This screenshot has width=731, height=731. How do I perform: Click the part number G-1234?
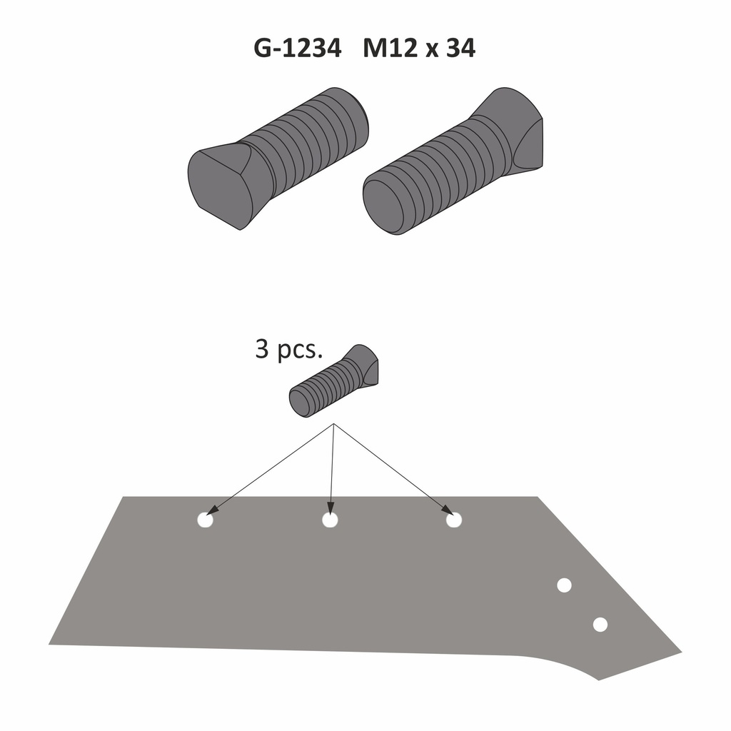click(x=297, y=49)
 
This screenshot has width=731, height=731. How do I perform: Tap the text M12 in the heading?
click(x=391, y=49)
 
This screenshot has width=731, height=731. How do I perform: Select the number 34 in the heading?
click(x=460, y=49)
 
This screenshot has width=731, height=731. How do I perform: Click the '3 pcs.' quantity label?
click(x=288, y=351)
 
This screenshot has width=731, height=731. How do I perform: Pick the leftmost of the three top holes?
click(x=205, y=520)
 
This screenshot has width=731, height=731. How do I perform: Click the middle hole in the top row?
click(x=330, y=520)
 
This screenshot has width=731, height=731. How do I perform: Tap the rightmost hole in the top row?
click(x=454, y=520)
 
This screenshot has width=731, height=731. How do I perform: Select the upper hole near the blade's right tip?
click(x=564, y=585)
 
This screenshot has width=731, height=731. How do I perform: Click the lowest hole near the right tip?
click(x=600, y=625)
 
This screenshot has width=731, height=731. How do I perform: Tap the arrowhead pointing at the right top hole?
click(x=447, y=510)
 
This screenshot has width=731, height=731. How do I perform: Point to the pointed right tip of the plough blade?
click(x=680, y=651)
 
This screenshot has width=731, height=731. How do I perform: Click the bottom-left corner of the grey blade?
click(x=51, y=642)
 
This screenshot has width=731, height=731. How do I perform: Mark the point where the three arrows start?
click(x=334, y=425)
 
